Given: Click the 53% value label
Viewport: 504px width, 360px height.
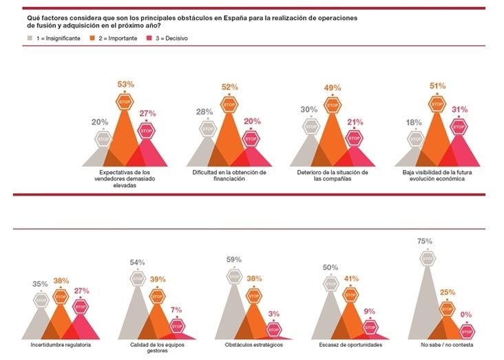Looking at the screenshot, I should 125,84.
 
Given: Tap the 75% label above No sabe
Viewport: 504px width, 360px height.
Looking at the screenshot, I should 424,241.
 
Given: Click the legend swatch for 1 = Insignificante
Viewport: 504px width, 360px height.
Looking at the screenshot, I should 29,39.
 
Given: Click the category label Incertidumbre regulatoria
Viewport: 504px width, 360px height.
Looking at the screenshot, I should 61,343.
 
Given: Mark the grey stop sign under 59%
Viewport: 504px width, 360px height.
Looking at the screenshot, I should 233,275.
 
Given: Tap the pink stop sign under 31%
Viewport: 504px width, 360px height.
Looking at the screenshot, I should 459,127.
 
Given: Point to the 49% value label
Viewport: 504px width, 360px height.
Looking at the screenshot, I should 333,87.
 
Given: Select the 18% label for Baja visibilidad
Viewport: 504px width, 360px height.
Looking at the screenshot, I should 415,122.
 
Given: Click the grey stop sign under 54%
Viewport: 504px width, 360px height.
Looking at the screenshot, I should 138,279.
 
